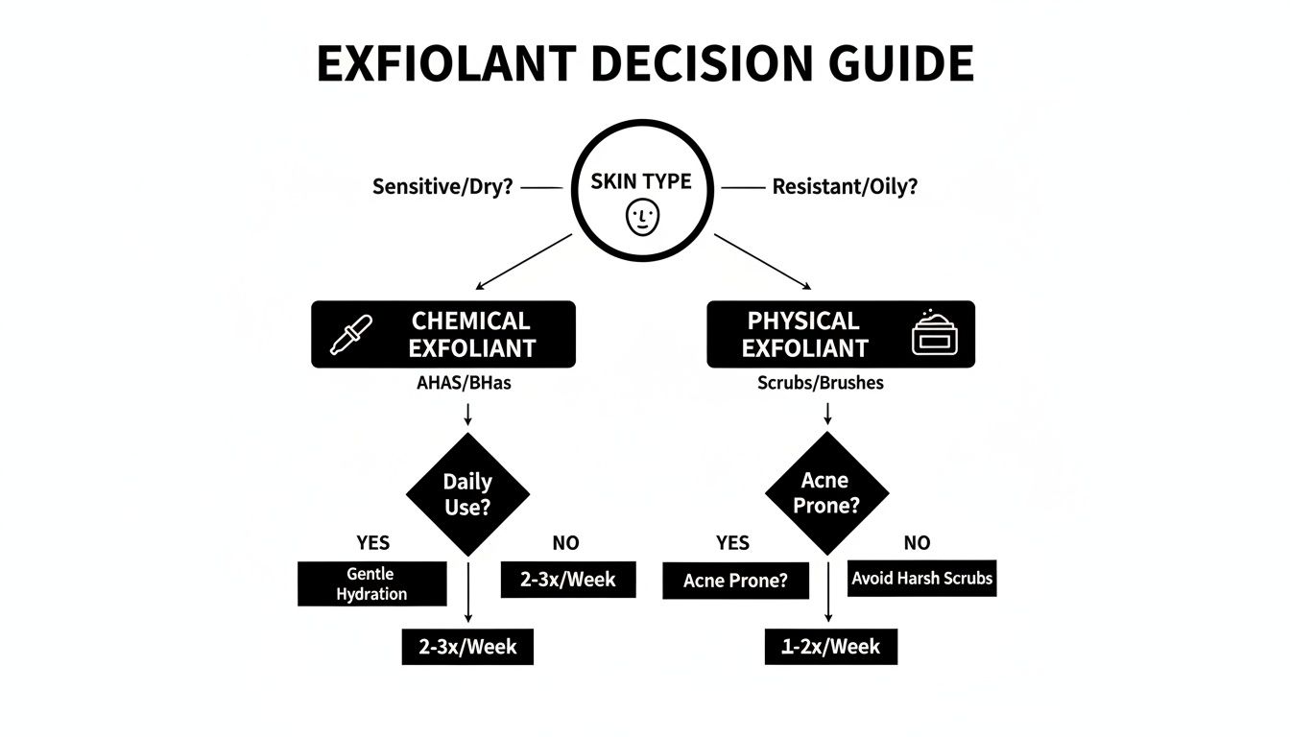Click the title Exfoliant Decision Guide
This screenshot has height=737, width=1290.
point(644,65)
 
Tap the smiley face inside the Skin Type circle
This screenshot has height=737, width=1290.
point(643,218)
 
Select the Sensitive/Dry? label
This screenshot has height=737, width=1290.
point(442,187)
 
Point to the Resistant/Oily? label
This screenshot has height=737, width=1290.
point(845,187)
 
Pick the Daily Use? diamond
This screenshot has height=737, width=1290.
point(467,493)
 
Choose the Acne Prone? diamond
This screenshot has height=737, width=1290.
point(826,491)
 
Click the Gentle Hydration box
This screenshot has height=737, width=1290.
point(371,583)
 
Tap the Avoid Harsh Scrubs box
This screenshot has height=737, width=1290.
point(921,579)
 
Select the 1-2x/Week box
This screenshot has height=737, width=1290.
point(830,647)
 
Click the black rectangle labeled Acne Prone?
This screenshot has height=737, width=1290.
point(735,581)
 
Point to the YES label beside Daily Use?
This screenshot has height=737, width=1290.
point(372,543)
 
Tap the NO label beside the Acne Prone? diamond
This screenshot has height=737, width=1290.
point(917,543)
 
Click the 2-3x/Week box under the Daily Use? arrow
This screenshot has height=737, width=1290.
point(466,647)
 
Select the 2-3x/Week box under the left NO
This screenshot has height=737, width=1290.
point(568,580)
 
